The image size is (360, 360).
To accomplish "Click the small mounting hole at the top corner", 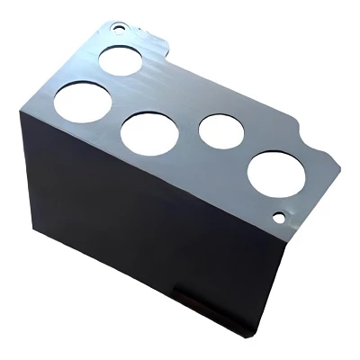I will coord(118,26).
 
